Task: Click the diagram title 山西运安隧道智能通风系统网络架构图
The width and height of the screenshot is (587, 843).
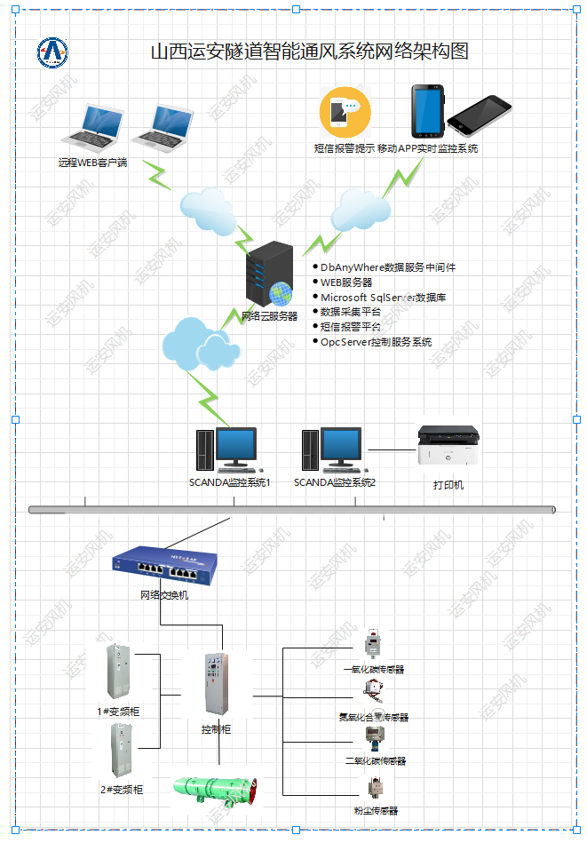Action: point(309,52)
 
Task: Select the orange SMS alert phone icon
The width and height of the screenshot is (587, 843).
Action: point(344,112)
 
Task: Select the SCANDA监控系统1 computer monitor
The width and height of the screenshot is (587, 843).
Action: point(235,448)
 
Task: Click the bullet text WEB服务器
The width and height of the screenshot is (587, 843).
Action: point(346,282)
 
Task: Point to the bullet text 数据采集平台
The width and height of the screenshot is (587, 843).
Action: point(351,312)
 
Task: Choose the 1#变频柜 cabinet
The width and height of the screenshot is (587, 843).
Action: point(118,672)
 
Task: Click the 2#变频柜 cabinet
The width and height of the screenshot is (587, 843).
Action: point(120,751)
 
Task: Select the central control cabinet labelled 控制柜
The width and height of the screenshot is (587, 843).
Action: point(217,684)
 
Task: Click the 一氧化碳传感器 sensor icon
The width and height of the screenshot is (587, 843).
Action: point(372,646)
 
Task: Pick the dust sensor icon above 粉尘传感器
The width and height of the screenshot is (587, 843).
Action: point(373,787)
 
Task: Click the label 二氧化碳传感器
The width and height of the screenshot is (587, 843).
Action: point(375,761)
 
